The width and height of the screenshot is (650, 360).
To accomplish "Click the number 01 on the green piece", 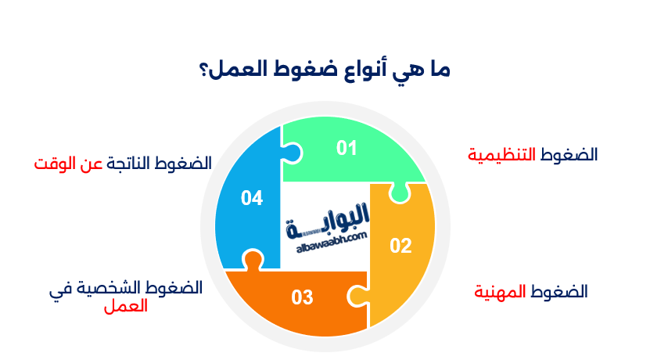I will (x=347, y=148).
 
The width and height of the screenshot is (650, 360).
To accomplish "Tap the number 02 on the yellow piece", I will (x=400, y=246).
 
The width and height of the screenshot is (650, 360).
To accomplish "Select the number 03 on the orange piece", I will (x=302, y=297).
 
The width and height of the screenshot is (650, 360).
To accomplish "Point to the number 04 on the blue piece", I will (x=251, y=199).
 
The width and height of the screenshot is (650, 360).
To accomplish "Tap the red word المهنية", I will (x=502, y=292).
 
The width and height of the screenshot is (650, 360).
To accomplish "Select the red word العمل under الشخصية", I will (x=125, y=306).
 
